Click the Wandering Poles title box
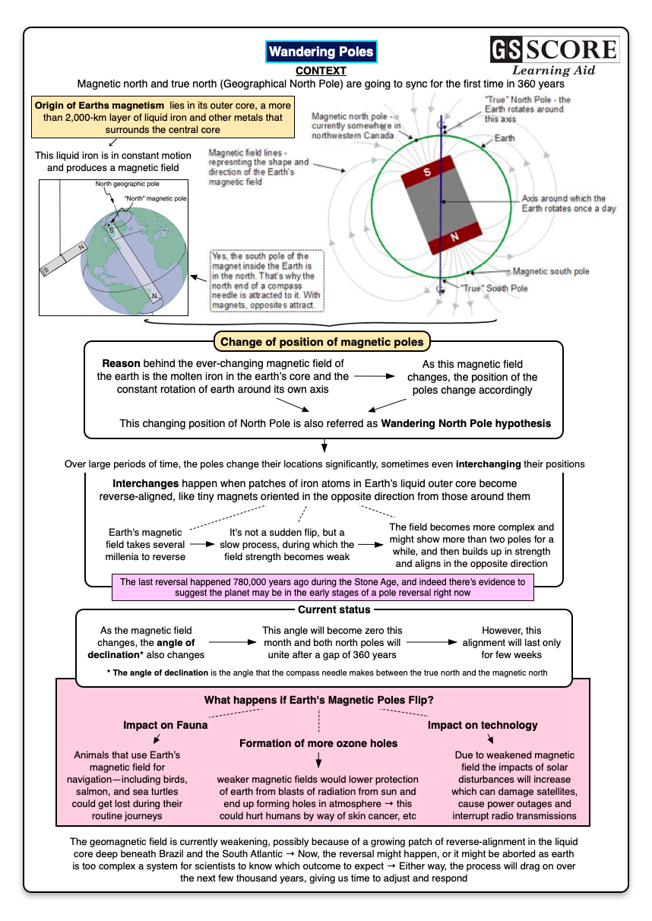pyautogui.click(x=321, y=52)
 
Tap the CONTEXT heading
pyautogui.click(x=321, y=71)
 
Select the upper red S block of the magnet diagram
pyautogui.click(x=427, y=172)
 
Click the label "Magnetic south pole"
pyautogui.click(x=551, y=271)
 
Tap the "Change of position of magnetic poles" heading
pyautogui.click(x=322, y=342)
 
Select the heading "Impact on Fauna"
pyautogui.click(x=165, y=725)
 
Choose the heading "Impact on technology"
pyautogui.click(x=482, y=725)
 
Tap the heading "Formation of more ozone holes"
pyautogui.click(x=318, y=742)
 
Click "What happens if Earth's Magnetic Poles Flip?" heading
pyautogui.click(x=318, y=700)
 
